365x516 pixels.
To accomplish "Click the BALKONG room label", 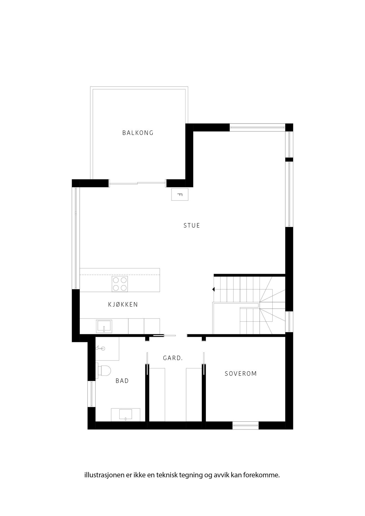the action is [138, 133].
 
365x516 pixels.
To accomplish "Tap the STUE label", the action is [192, 226].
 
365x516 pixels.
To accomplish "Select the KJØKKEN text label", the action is [123, 304].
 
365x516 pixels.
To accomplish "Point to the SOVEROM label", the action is [241, 374].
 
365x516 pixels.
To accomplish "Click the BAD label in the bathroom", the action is [122, 381].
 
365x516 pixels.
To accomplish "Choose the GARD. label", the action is [173, 358].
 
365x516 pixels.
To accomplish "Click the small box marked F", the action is [180, 195].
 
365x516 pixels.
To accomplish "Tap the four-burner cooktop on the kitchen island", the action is [120, 284].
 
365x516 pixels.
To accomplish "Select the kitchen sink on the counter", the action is [104, 326].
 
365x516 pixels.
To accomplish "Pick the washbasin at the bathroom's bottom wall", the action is [126, 415].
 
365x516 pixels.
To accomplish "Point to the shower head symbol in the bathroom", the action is [100, 348].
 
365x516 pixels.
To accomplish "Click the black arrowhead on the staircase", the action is [213, 290].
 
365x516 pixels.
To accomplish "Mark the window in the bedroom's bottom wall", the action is [245, 425].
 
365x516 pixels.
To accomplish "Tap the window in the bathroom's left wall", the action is [91, 394].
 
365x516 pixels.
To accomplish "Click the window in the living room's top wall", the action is [257, 127].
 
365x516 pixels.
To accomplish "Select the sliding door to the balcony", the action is [138, 183].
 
